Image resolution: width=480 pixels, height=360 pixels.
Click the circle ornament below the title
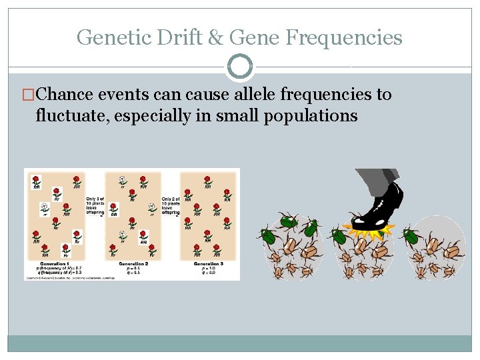240,67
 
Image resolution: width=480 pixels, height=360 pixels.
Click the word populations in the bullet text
311,115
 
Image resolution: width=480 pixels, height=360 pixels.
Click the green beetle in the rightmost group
411,236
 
